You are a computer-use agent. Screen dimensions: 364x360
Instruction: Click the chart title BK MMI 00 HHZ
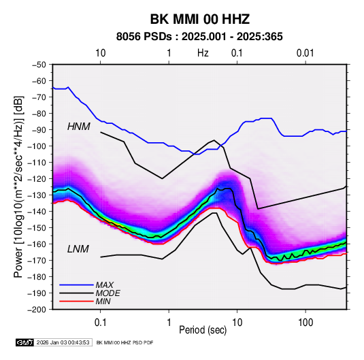199,19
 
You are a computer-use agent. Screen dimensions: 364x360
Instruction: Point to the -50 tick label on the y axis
39,65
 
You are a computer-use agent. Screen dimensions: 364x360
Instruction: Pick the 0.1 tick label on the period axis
100,323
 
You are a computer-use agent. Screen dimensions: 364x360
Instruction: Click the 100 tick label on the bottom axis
305,323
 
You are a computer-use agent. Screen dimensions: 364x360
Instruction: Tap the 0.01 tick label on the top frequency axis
305,53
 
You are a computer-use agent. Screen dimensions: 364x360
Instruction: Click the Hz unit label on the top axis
203,53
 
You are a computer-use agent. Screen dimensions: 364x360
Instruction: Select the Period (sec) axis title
203,330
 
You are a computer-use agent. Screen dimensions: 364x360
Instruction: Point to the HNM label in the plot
79,127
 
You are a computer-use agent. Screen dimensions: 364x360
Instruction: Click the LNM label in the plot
78,249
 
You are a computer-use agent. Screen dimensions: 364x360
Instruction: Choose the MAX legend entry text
105,285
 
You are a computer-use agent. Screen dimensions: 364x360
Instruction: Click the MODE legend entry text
108,293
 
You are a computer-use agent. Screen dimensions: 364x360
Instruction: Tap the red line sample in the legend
76,301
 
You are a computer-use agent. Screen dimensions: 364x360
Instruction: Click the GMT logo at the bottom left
24,342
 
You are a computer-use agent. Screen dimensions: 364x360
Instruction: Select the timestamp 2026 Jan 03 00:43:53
63,342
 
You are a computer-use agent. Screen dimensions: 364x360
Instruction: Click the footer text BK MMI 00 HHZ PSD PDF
125,342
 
